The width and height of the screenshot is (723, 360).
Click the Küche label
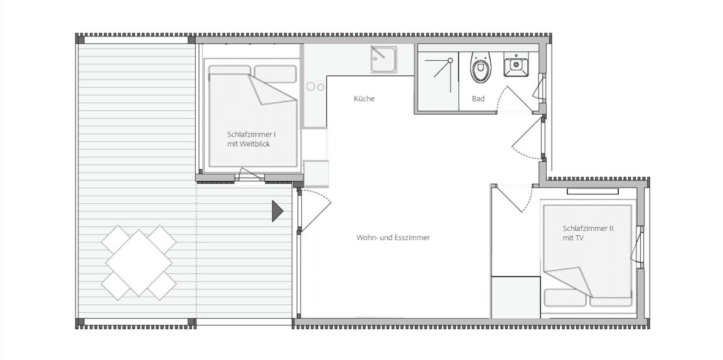(364, 98)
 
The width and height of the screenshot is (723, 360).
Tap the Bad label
(478, 98)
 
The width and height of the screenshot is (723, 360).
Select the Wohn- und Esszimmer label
(393, 238)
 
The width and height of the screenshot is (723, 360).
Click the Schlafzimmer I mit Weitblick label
(251, 139)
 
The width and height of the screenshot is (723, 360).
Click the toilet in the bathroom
(481, 67)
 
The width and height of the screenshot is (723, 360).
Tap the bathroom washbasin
(515, 65)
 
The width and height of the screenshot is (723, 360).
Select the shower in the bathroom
(437, 82)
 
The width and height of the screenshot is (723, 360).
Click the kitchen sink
(383, 60)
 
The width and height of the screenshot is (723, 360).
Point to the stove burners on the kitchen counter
(316, 87)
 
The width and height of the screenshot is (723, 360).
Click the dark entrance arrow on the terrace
(277, 211)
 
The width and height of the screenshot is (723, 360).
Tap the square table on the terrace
(139, 263)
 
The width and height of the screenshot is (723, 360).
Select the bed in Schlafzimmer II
(588, 256)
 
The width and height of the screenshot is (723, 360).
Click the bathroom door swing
(517, 100)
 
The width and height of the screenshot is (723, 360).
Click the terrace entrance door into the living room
(314, 210)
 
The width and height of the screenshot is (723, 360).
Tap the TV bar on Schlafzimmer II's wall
(592, 191)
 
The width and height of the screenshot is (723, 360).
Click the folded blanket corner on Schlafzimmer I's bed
(272, 90)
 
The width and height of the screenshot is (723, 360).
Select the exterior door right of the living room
(528, 138)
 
